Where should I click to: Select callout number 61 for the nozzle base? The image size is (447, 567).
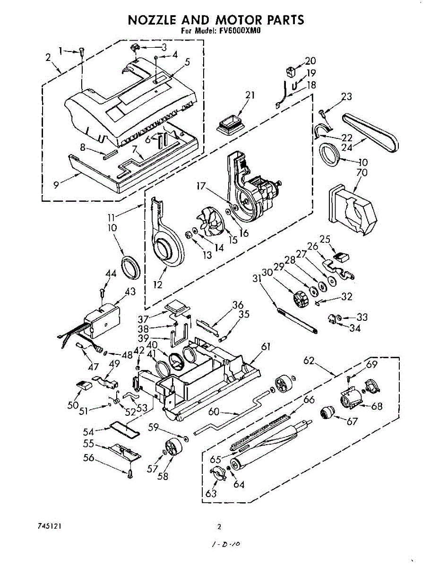click(266, 347)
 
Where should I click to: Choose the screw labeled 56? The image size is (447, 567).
click(129, 473)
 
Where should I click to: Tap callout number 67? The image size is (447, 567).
click(352, 421)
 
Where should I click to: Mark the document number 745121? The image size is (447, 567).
click(47, 526)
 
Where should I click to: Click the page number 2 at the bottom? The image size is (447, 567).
click(219, 527)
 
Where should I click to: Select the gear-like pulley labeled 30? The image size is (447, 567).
click(300, 299)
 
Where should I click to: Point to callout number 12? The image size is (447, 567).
click(157, 284)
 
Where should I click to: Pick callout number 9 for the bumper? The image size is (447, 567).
click(57, 186)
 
